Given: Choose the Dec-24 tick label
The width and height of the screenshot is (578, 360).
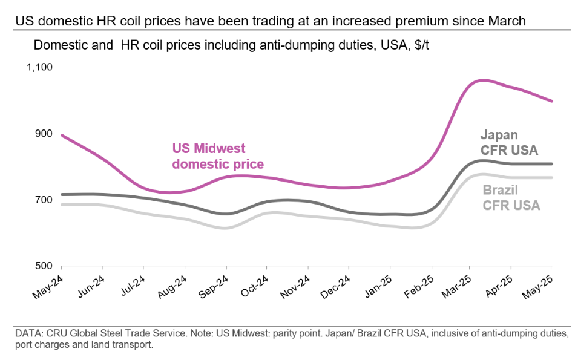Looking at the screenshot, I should click(335, 284).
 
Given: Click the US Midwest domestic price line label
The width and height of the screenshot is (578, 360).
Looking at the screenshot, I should click(217, 156).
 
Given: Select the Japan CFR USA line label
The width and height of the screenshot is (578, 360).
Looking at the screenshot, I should click(508, 143).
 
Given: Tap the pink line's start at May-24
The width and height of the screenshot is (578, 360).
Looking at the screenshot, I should click(62, 135).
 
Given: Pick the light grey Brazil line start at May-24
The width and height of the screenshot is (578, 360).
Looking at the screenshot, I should click(62, 205).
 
